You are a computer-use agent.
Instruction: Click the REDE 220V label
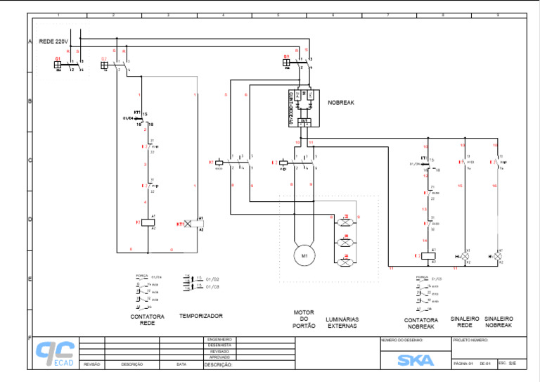point(53,42)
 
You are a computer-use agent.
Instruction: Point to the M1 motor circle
point(304,255)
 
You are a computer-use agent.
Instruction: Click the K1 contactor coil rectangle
point(148,222)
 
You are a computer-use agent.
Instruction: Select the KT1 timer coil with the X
point(188,224)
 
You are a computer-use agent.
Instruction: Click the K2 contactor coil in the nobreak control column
point(427,256)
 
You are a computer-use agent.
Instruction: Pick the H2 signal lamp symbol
point(498,256)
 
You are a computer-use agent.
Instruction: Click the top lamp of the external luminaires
point(345,222)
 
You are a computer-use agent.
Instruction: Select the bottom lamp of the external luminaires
point(345,262)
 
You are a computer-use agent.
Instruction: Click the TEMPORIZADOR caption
point(201,316)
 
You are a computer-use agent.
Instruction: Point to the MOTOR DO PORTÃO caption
point(304,319)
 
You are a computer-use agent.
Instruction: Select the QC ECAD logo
point(56,353)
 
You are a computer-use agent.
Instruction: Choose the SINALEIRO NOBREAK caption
point(499,322)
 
